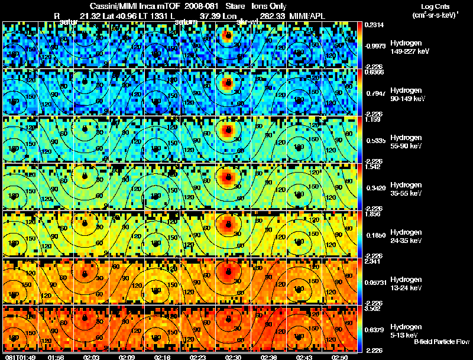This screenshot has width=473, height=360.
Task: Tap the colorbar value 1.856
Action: pos(372,215)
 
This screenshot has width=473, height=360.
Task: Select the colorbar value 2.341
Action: pos(372,262)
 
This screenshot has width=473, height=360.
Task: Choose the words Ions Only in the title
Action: pos(268,6)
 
